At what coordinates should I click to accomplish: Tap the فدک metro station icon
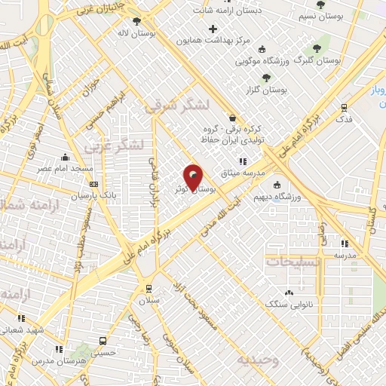[x=345, y=108]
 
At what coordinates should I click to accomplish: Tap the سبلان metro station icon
[x=148, y=288]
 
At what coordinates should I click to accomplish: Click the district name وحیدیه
[x=258, y=360]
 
